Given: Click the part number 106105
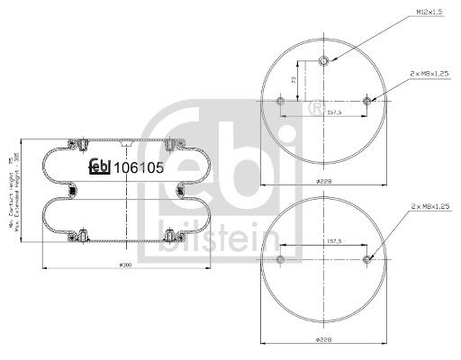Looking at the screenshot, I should click(x=137, y=166).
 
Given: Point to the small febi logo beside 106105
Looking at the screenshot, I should click(x=97, y=166).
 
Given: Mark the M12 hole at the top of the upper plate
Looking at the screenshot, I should click(x=323, y=60).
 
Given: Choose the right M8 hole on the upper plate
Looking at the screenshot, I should click(x=366, y=103).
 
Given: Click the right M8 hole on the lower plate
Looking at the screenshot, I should click(x=366, y=260).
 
